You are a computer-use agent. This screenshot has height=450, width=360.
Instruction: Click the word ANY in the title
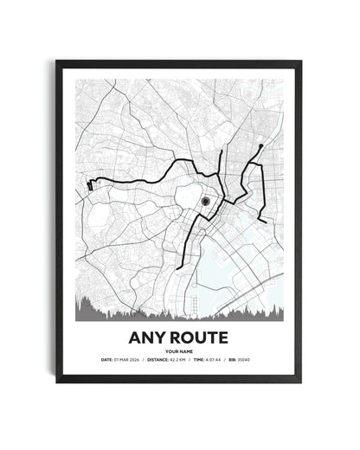coord(148,334)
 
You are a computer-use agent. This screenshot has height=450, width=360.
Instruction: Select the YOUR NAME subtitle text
coord(179,350)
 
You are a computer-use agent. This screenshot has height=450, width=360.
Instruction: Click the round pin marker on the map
coord(205,202)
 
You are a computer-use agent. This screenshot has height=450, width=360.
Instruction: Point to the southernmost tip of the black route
coord(180,267)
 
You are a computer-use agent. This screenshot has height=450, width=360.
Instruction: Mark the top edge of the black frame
coord(179,63)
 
